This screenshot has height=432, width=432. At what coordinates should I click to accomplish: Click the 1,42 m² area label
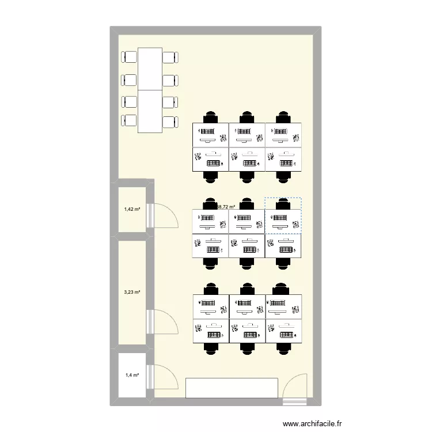[132, 210]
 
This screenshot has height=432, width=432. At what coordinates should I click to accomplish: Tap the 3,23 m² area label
[132, 293]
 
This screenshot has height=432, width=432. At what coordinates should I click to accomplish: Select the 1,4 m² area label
[132, 375]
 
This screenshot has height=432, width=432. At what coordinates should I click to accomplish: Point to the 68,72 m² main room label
[226, 206]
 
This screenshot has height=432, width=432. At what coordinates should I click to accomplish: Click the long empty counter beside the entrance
[232, 388]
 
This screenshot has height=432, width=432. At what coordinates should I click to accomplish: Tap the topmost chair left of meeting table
[128, 57]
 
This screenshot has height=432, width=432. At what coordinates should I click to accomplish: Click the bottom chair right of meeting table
[170, 122]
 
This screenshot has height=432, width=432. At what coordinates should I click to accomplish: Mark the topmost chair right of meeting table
[170, 57]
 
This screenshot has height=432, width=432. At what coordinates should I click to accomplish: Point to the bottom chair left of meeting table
[128, 122]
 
